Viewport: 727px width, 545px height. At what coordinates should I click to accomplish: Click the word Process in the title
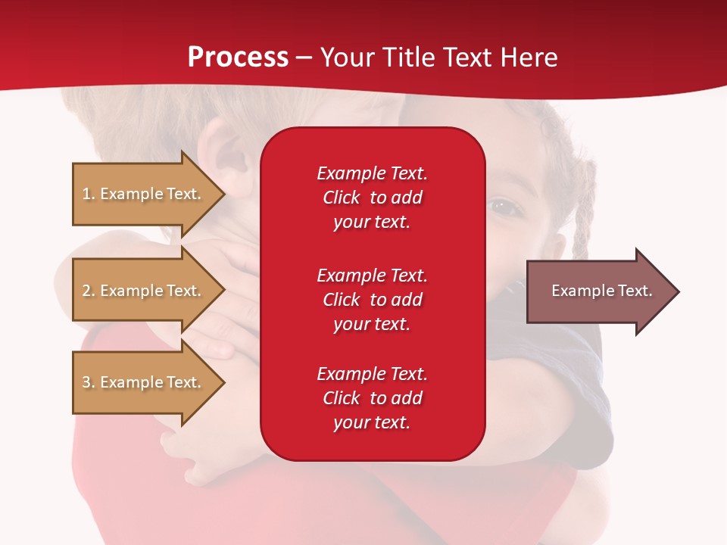(238, 58)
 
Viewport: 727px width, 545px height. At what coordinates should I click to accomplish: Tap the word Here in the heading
(529, 58)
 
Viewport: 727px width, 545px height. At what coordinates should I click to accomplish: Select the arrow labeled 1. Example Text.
(148, 194)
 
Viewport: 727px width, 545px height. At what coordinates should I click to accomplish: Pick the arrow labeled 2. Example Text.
(148, 290)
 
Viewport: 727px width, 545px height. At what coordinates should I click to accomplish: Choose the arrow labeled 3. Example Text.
(148, 382)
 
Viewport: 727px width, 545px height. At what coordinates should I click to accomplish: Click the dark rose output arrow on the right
(603, 291)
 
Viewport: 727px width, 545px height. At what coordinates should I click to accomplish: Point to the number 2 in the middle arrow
(87, 291)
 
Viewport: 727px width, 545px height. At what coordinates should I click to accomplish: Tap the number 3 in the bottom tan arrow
(87, 381)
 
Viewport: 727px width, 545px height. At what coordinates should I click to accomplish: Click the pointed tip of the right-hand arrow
(679, 291)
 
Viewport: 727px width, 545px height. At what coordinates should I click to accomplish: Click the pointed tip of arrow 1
(225, 194)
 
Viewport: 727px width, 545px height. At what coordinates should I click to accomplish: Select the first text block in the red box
(373, 198)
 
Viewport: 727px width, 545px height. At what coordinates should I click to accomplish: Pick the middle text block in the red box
(373, 300)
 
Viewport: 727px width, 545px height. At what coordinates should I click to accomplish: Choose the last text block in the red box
(373, 397)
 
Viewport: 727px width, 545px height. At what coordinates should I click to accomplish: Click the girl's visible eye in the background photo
(502, 205)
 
